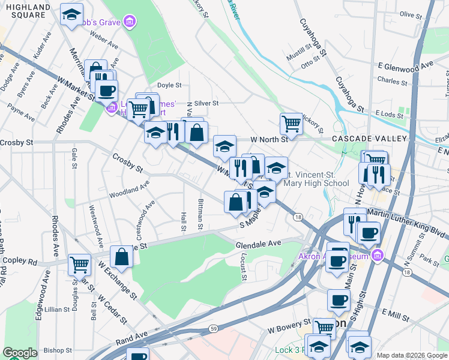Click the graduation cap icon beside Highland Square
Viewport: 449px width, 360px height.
click(x=71, y=16)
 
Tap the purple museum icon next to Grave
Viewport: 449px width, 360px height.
click(x=129, y=23)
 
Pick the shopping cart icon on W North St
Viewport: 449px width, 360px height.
click(x=291, y=124)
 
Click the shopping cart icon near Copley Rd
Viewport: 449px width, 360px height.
click(x=79, y=264)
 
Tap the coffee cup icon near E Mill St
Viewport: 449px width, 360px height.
click(x=339, y=300)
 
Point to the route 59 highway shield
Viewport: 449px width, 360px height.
click(x=213, y=329)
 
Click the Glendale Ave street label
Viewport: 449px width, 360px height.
click(x=258, y=244)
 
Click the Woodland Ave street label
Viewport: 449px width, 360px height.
click(x=129, y=192)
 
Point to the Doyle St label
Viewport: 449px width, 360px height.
click(x=169, y=85)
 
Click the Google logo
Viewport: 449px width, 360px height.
click(x=20, y=353)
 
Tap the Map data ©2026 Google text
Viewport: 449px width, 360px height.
click(x=411, y=355)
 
